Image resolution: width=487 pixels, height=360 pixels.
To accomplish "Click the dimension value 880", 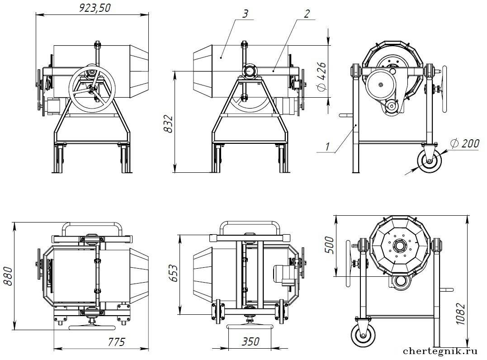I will pos(8,275).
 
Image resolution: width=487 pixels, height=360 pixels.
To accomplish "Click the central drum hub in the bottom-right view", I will pos(400,246).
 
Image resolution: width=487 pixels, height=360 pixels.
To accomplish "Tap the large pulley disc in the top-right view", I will pos(381,85).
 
